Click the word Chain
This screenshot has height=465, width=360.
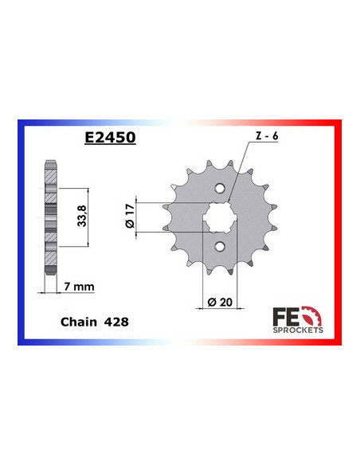[x=77, y=323]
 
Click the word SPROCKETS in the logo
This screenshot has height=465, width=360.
[x=299, y=328]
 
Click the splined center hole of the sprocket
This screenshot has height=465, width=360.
[x=218, y=216]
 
